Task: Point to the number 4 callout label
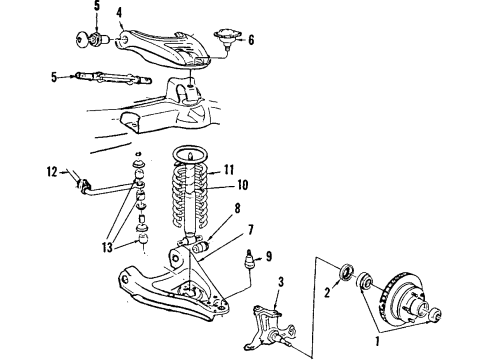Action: coord(119,12)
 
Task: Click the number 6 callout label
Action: coord(251,41)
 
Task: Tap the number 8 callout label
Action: coord(238,207)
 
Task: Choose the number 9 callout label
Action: coord(268,257)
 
